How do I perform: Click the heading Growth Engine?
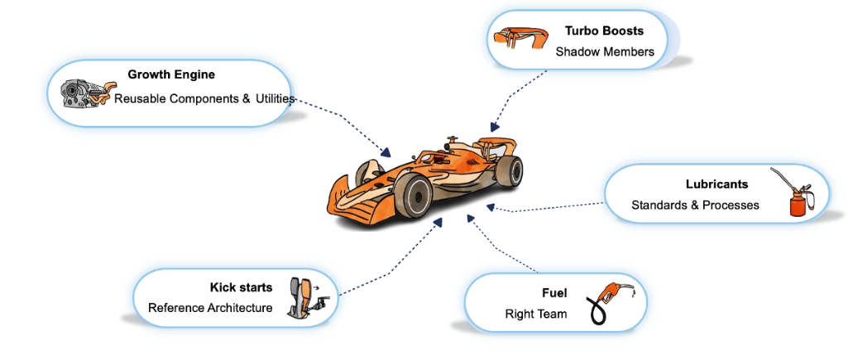(171, 74)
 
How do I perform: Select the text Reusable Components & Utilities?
(204, 98)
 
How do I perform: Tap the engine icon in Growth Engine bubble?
(81, 93)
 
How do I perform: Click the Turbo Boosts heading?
(604, 31)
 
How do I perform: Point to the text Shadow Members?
(605, 51)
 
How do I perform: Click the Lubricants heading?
(717, 184)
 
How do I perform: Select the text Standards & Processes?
(695, 204)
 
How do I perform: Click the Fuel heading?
(554, 293)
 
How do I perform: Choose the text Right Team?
(536, 314)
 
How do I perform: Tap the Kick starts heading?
(241, 287)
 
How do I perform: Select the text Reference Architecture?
(210, 308)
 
